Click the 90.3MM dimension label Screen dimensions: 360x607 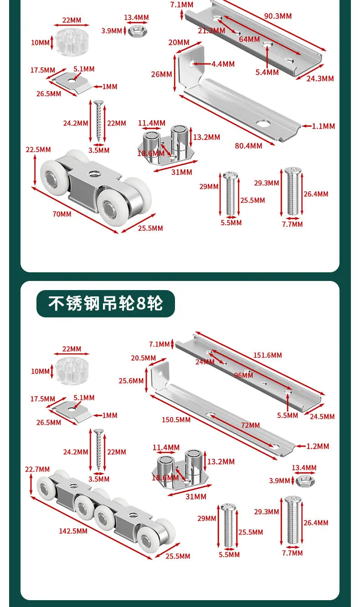278,16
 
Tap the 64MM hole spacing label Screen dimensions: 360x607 249,39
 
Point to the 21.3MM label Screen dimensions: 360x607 211,31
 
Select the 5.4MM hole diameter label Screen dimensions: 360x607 267,72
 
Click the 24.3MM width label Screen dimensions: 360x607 320,79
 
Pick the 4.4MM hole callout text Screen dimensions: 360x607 223,64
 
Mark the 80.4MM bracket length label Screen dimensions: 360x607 249,146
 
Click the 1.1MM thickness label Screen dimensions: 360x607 324,126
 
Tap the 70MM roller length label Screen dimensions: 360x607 62,214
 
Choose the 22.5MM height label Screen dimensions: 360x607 38,149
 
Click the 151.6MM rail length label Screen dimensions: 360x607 267,355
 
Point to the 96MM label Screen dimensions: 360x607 243,375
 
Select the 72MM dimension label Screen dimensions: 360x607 251,425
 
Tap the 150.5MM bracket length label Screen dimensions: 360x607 176,420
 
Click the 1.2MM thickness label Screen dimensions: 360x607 318,446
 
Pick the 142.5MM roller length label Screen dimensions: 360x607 73,531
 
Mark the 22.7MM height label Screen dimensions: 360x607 37,469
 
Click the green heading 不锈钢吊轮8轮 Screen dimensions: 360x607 106,303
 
